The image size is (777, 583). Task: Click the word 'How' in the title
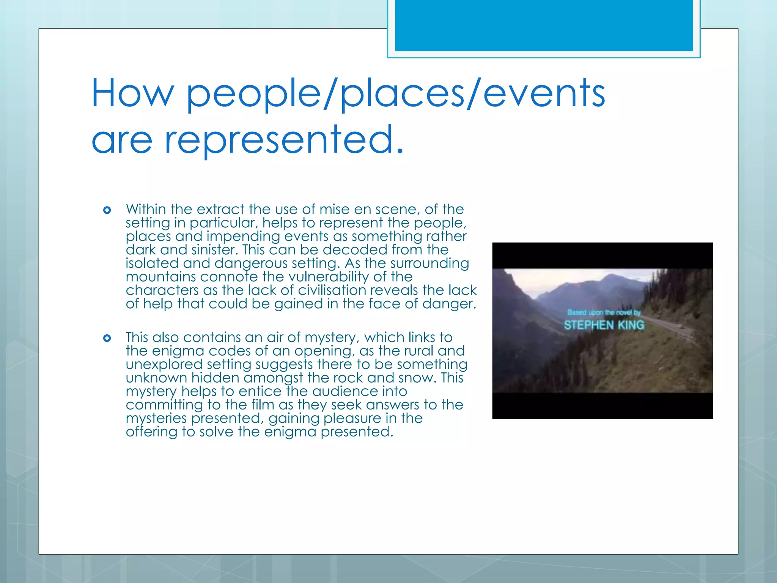[132, 93]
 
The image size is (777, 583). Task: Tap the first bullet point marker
[107, 210]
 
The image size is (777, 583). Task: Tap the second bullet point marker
[107, 338]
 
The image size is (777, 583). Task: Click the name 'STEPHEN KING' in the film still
[604, 325]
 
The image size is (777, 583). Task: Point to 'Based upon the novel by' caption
[604, 312]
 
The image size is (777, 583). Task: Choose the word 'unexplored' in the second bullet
[164, 364]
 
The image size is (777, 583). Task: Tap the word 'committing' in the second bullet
[164, 405]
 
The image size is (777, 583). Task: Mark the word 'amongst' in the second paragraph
[274, 378]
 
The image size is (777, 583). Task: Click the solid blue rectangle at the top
[544, 25]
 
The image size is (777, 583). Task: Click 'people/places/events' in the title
[396, 93]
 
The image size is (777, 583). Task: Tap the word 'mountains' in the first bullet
[161, 277]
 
